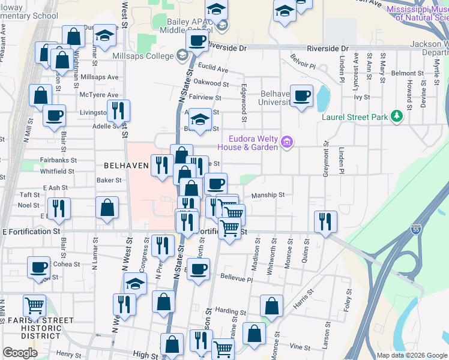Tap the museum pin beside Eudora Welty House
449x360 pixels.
point(287,142)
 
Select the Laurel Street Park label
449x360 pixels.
point(355,117)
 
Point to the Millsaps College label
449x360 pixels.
point(142,56)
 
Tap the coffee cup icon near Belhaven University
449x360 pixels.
point(301,95)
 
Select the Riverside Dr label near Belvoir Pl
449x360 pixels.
point(327,48)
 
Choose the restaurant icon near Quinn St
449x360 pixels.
point(325,221)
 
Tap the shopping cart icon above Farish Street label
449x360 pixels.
point(34,305)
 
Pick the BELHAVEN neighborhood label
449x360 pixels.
point(126,164)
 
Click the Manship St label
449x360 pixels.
point(268,195)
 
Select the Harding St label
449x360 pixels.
point(227,311)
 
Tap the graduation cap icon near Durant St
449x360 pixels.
point(104,36)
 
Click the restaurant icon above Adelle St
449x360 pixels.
point(118,110)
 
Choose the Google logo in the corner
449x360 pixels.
point(20,353)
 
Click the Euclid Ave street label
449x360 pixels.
point(215,70)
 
